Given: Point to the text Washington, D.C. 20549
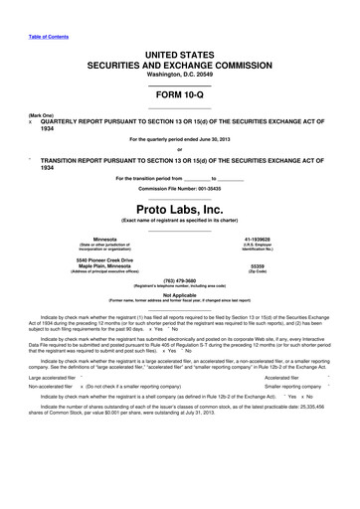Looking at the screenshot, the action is click(x=179, y=74).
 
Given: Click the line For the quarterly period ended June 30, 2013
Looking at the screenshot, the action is click(x=179, y=138).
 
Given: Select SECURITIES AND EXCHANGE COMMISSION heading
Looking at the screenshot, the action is click(x=180, y=62).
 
